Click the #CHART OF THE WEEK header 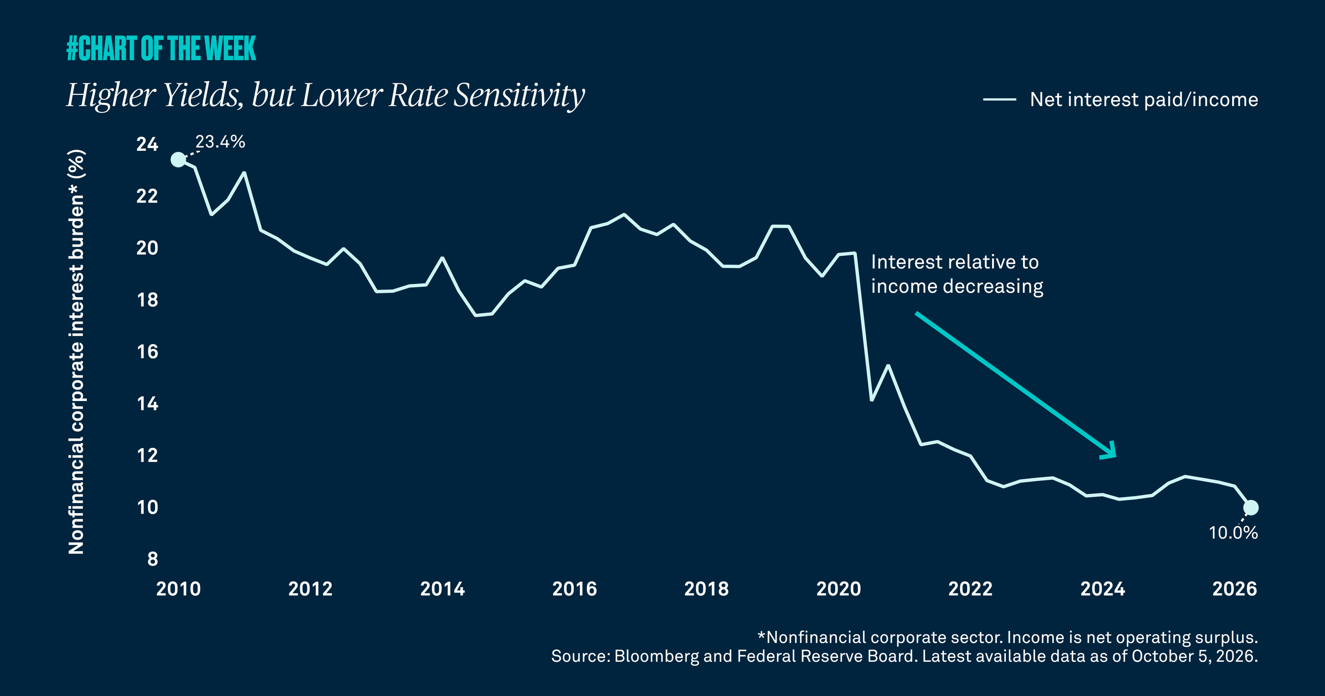161,48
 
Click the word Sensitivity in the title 519,96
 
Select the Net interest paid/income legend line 999,99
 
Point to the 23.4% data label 220,142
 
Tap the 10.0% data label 1233,533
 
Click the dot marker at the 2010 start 178,160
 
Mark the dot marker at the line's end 1251,508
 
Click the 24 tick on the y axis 147,145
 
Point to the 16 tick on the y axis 147,352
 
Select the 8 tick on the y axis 153,559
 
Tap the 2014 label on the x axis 442,589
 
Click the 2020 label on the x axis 839,589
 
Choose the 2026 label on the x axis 1234,589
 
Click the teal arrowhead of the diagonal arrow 1110,451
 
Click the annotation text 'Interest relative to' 955,262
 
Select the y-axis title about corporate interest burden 76,352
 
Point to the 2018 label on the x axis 707,589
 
